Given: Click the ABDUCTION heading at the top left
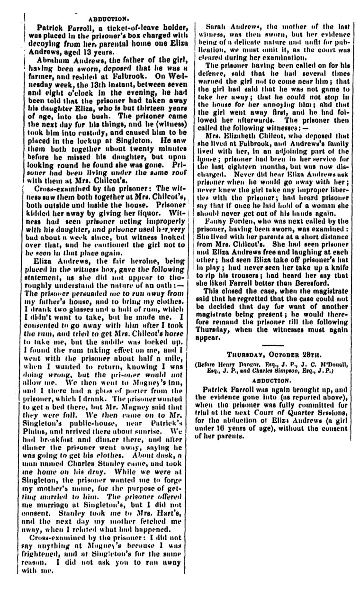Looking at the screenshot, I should click(x=110, y=20).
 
